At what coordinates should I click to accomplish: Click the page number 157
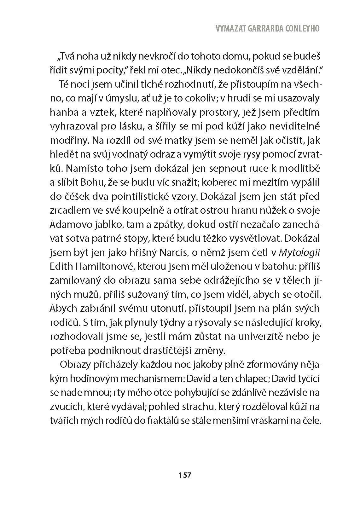point(185,475)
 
